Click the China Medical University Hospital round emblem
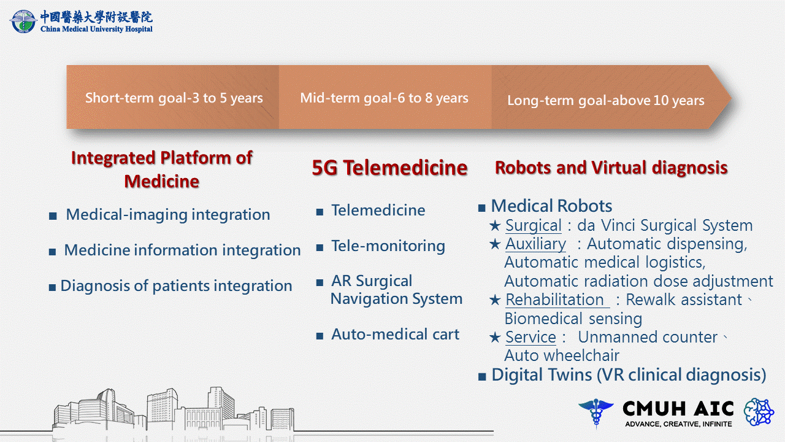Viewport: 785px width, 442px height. [23, 21]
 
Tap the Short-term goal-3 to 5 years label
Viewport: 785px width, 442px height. [174, 98]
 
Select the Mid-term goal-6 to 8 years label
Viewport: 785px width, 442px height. [384, 98]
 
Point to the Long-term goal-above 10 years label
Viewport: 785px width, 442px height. [605, 100]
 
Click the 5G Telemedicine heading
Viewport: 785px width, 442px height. [389, 168]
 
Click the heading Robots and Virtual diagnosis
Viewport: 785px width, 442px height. [611, 168]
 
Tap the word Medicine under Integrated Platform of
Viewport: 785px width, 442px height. [161, 181]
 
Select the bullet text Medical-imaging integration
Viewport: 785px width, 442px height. [168, 215]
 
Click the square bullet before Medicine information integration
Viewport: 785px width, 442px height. [53, 252]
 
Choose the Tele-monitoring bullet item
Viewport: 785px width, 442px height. [388, 246]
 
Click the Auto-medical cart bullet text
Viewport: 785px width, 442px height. [396, 335]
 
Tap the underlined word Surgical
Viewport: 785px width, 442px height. [534, 225]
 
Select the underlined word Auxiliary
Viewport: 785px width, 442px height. [535, 244]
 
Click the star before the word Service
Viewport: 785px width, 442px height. [495, 338]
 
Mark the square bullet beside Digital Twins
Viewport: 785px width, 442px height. [482, 377]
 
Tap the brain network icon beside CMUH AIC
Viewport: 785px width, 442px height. [759, 412]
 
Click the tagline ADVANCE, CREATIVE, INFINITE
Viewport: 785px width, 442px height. [678, 424]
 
